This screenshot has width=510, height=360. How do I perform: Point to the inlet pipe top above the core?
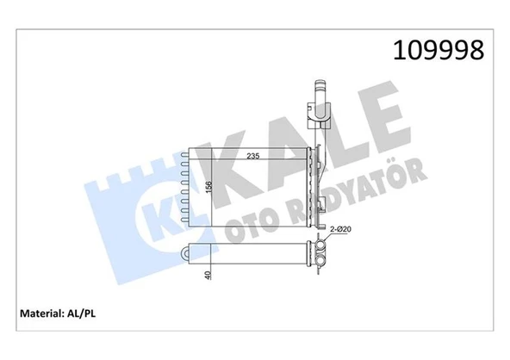tap(320, 90)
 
